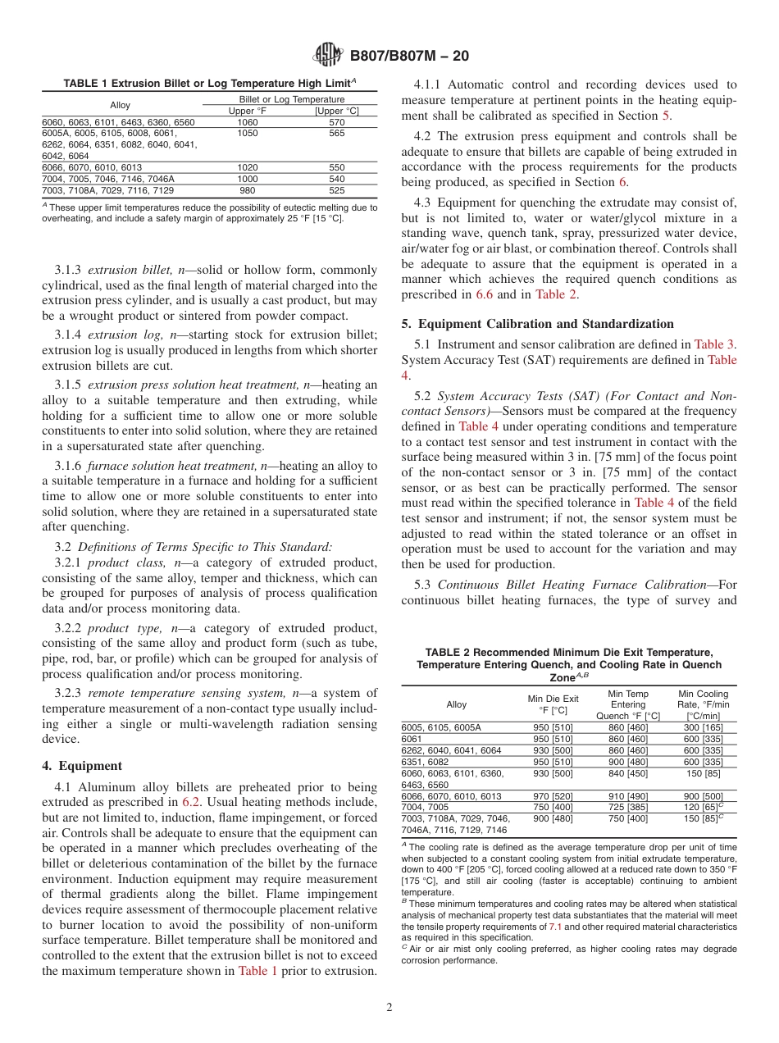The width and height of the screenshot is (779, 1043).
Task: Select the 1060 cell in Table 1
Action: coord(247,121)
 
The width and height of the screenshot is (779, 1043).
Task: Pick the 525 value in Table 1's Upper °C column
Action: coord(336,190)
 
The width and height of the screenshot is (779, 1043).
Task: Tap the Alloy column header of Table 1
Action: coord(121,105)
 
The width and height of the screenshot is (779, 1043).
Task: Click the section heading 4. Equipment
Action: coord(82,765)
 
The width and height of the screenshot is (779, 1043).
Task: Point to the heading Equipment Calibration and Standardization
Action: coord(544,323)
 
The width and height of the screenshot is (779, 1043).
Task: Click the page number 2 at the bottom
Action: coord(389,1008)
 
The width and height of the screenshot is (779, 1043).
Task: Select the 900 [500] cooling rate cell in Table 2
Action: coord(703,796)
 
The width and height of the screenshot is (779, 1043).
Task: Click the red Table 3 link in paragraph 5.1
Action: coord(715,344)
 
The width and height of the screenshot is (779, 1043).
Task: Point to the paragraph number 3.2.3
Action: coord(69,693)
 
